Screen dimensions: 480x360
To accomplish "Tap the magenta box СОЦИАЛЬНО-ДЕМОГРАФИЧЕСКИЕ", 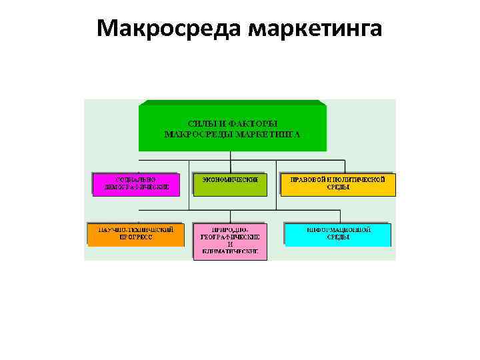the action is point(136,184).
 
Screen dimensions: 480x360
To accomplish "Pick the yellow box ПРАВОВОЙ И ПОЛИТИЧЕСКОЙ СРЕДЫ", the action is point(338,184).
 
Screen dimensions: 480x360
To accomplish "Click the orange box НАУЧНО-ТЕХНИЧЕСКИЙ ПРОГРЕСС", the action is point(136,234).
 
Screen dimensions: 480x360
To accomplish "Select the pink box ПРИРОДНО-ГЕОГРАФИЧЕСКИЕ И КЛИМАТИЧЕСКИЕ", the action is point(229,241).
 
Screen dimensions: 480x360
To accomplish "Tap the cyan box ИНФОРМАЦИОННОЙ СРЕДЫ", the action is point(338,234).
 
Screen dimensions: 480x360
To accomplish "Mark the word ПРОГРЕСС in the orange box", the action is point(136,237).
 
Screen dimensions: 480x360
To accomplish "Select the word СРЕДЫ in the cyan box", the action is point(338,237).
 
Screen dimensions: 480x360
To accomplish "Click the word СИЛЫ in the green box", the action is point(203,123).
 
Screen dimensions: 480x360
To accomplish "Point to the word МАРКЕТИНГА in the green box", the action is point(267,133).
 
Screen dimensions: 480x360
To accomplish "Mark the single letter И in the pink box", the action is point(229,245).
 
